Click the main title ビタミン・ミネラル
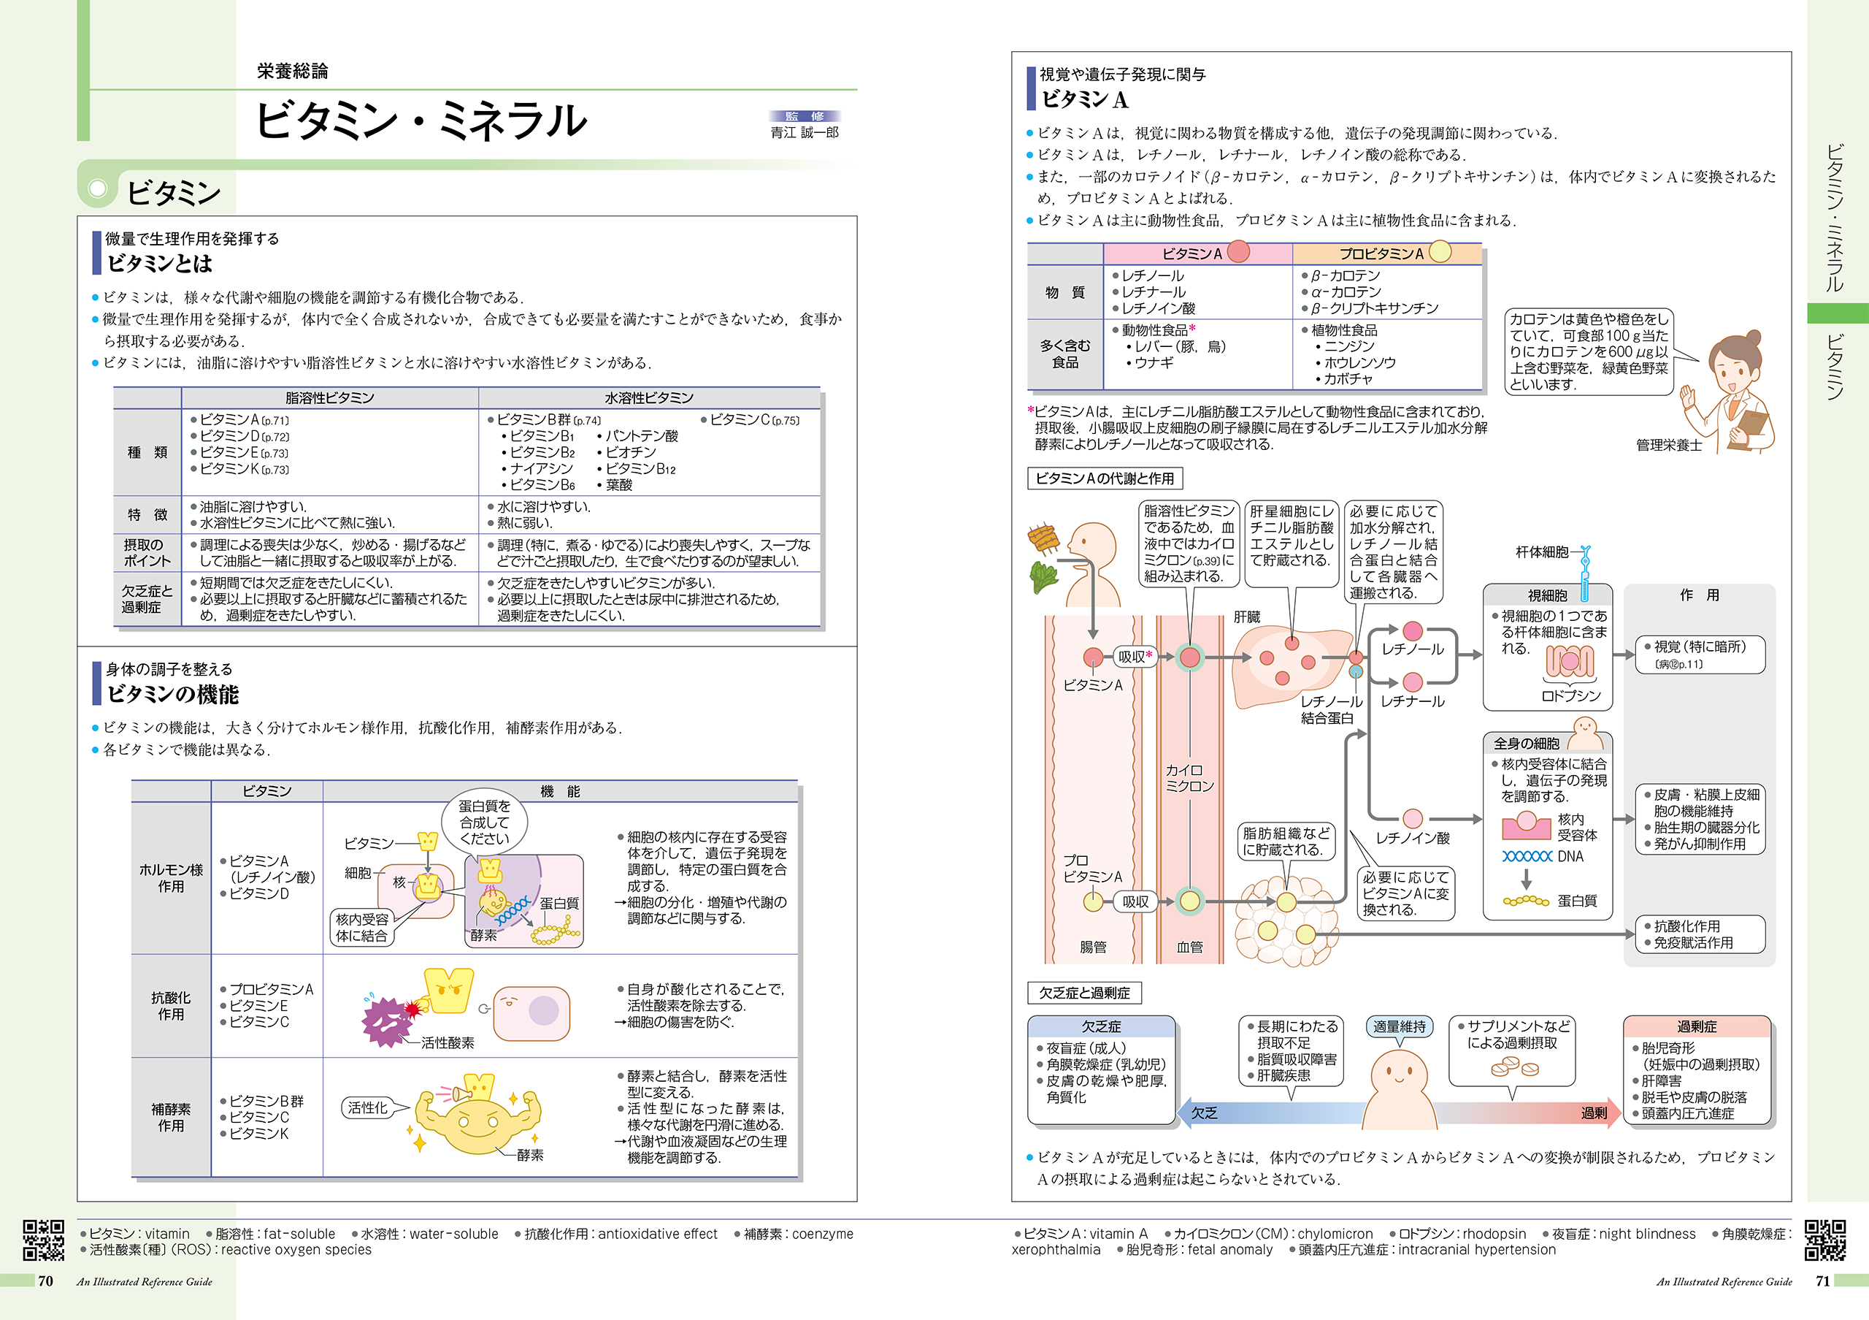coord(420,120)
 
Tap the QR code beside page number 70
coord(43,1240)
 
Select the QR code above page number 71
coord(1825,1240)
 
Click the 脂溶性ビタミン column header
coord(330,397)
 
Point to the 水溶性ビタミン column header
coord(649,397)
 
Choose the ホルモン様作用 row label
coord(171,878)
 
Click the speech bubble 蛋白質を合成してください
coord(484,822)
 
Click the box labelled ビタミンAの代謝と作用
coord(1105,478)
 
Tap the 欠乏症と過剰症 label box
coord(1084,993)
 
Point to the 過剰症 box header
coord(1697,1027)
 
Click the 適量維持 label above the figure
coord(1400,1027)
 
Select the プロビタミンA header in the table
coord(1382,253)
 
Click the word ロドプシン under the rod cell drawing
coord(1570,695)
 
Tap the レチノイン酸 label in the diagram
coord(1412,838)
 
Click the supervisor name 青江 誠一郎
coord(805,132)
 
